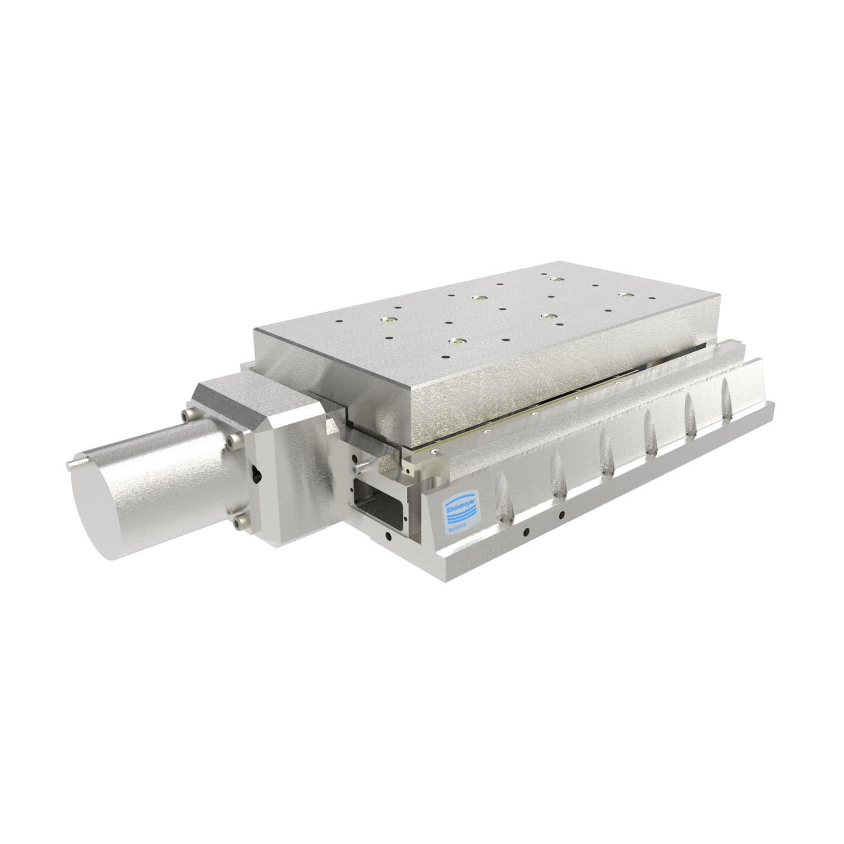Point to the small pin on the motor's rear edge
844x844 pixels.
(70, 465)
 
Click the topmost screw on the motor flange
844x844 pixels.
(187, 415)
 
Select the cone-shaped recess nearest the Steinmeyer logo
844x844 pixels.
(502, 495)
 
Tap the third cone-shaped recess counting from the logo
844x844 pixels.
(607, 450)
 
